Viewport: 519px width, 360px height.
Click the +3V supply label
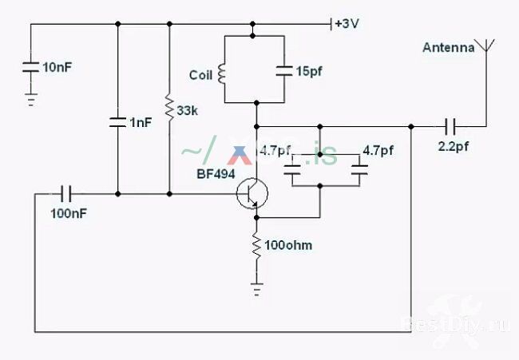pos(347,24)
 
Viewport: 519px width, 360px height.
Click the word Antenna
pos(448,48)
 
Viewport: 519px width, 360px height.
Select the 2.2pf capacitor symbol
pos(451,126)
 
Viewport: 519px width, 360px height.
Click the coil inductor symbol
pos(223,75)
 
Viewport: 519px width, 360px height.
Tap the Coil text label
pos(200,76)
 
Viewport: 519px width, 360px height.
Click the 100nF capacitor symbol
pos(66,193)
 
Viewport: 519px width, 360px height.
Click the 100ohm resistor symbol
pos(256,245)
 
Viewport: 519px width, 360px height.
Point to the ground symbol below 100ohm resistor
pos(256,290)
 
